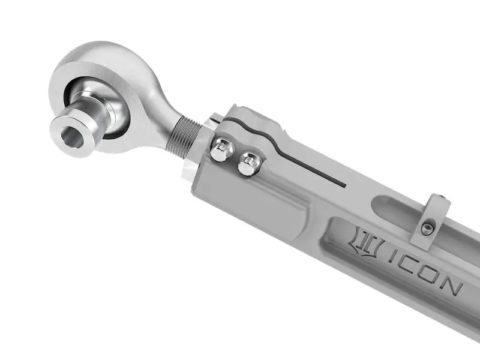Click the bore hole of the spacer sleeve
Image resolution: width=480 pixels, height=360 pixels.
click(x=68, y=133)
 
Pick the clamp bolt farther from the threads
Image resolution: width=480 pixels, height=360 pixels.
click(x=249, y=163)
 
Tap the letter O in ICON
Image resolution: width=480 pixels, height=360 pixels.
click(x=433, y=277)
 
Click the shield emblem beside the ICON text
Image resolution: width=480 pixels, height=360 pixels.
click(x=367, y=243)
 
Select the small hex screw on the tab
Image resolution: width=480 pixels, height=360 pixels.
click(x=428, y=229)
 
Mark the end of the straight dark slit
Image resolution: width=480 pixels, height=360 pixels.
click(x=344, y=184)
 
